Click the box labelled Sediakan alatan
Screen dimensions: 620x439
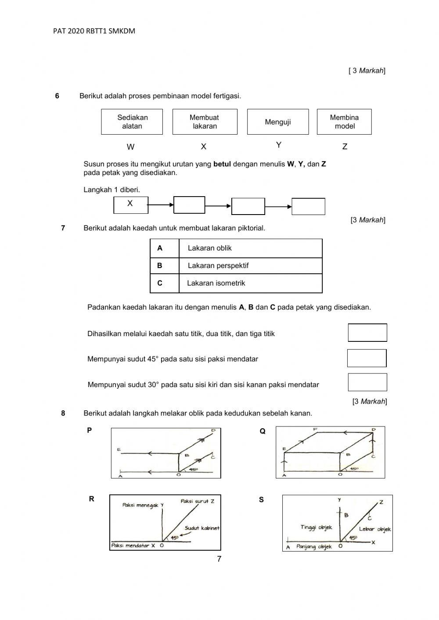point(132,122)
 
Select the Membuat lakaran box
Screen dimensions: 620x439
point(205,122)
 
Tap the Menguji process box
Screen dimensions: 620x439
point(277,122)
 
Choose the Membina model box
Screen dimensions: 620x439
point(344,122)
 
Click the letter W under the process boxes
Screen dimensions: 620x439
point(130,147)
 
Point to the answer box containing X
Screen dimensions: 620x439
point(130,205)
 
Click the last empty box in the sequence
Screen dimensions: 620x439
point(308,207)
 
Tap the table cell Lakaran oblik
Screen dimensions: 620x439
point(250,248)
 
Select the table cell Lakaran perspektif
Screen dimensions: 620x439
point(250,266)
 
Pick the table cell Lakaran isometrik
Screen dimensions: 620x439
point(250,283)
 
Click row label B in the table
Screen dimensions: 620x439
point(160,266)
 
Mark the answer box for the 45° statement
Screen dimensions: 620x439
point(367,358)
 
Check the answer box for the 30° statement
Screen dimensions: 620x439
point(367,382)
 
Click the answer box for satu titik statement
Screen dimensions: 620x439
point(367,333)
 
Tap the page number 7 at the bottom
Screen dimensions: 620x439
point(219,559)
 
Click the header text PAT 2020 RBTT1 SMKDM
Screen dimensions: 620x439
point(94,31)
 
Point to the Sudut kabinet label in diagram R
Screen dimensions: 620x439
point(202,528)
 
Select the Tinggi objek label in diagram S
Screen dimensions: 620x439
point(316,527)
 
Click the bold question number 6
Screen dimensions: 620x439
point(57,96)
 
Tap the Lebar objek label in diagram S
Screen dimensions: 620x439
point(374,529)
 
